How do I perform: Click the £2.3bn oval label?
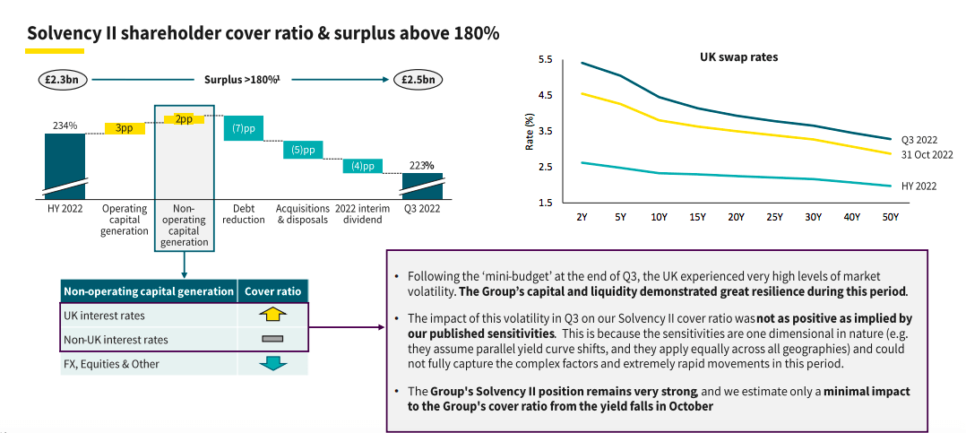64,80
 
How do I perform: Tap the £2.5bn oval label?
418,80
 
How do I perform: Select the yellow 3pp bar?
124,128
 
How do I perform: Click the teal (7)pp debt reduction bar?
243,128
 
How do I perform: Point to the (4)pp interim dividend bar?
362,166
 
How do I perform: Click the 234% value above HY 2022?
65,126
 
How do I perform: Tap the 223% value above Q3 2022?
421,166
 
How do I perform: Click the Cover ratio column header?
272,290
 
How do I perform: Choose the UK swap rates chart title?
738,56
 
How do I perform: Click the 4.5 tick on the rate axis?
546,95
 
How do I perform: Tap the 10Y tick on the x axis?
660,217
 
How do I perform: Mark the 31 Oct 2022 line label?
927,155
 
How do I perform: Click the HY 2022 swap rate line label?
919,186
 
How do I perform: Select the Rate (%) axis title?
530,131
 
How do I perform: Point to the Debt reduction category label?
243,214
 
